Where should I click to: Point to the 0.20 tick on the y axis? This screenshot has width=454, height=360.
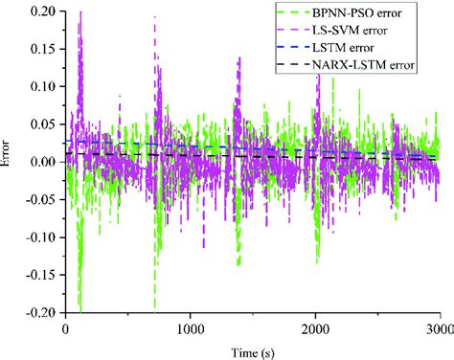tap(41, 11)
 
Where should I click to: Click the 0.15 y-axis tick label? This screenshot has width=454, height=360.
tap(41, 49)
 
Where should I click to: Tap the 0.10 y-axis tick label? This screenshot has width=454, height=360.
tap(41, 86)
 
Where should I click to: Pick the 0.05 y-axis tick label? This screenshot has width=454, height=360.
tap(41, 124)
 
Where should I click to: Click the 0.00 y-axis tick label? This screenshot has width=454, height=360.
tap(41, 161)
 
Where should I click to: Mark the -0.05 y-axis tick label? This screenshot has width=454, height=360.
tap(39, 198)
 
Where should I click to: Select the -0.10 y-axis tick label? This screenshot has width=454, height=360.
tap(39, 236)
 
